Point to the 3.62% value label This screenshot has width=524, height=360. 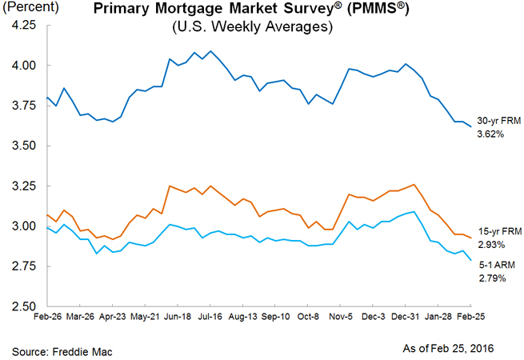(x=490, y=134)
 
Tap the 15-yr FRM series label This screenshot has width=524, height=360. (x=496, y=231)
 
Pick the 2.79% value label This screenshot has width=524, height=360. (x=490, y=278)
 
